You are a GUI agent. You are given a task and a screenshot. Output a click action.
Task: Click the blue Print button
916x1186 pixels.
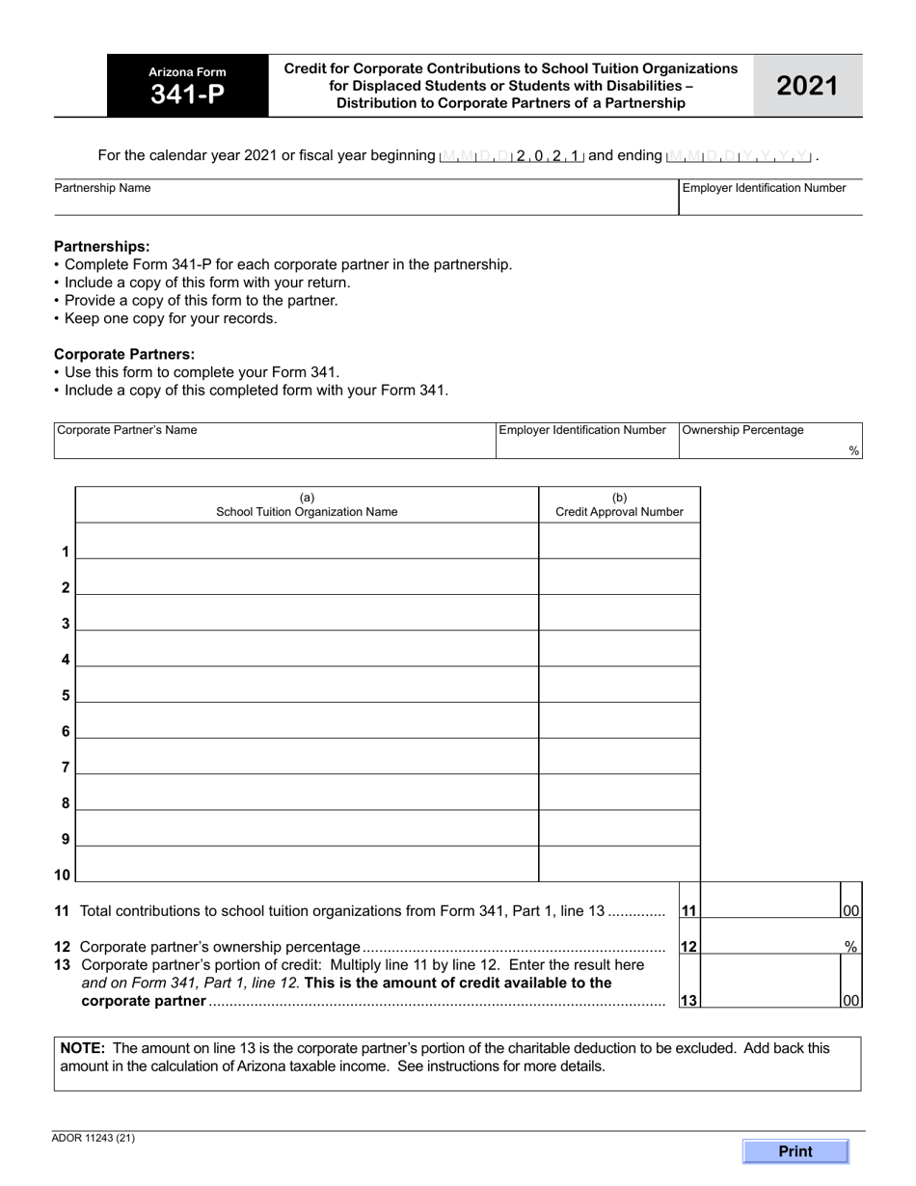coord(795,1150)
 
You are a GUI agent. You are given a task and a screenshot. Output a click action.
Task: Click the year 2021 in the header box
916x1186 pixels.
coord(807,86)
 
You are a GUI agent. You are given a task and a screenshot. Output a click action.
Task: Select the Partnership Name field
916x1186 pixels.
coord(366,202)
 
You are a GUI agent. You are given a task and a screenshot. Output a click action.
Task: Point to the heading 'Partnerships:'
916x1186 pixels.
coord(101,247)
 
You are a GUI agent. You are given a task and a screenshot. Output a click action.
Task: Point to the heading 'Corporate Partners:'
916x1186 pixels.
coord(123,354)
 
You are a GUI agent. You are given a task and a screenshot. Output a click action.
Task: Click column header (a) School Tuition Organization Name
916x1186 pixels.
coord(307,505)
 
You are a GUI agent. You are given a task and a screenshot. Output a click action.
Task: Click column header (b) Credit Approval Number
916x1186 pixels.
coord(619,505)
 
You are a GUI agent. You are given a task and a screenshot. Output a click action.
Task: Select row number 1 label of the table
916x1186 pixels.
coord(66,553)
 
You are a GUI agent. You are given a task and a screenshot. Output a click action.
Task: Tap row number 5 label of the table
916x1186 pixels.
coord(66,696)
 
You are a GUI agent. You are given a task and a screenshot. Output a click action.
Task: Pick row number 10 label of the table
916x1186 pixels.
coord(62,876)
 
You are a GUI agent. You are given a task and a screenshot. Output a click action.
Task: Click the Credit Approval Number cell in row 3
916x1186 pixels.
coord(619,613)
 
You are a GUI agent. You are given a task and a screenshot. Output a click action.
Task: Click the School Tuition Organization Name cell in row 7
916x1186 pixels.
coord(307,757)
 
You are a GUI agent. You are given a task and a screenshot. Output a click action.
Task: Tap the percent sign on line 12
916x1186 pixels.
coord(850,947)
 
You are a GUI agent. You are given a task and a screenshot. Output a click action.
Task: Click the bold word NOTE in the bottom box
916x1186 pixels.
coord(82,1048)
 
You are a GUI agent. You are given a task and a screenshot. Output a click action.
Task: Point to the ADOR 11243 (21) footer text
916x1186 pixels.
coord(94,1138)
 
